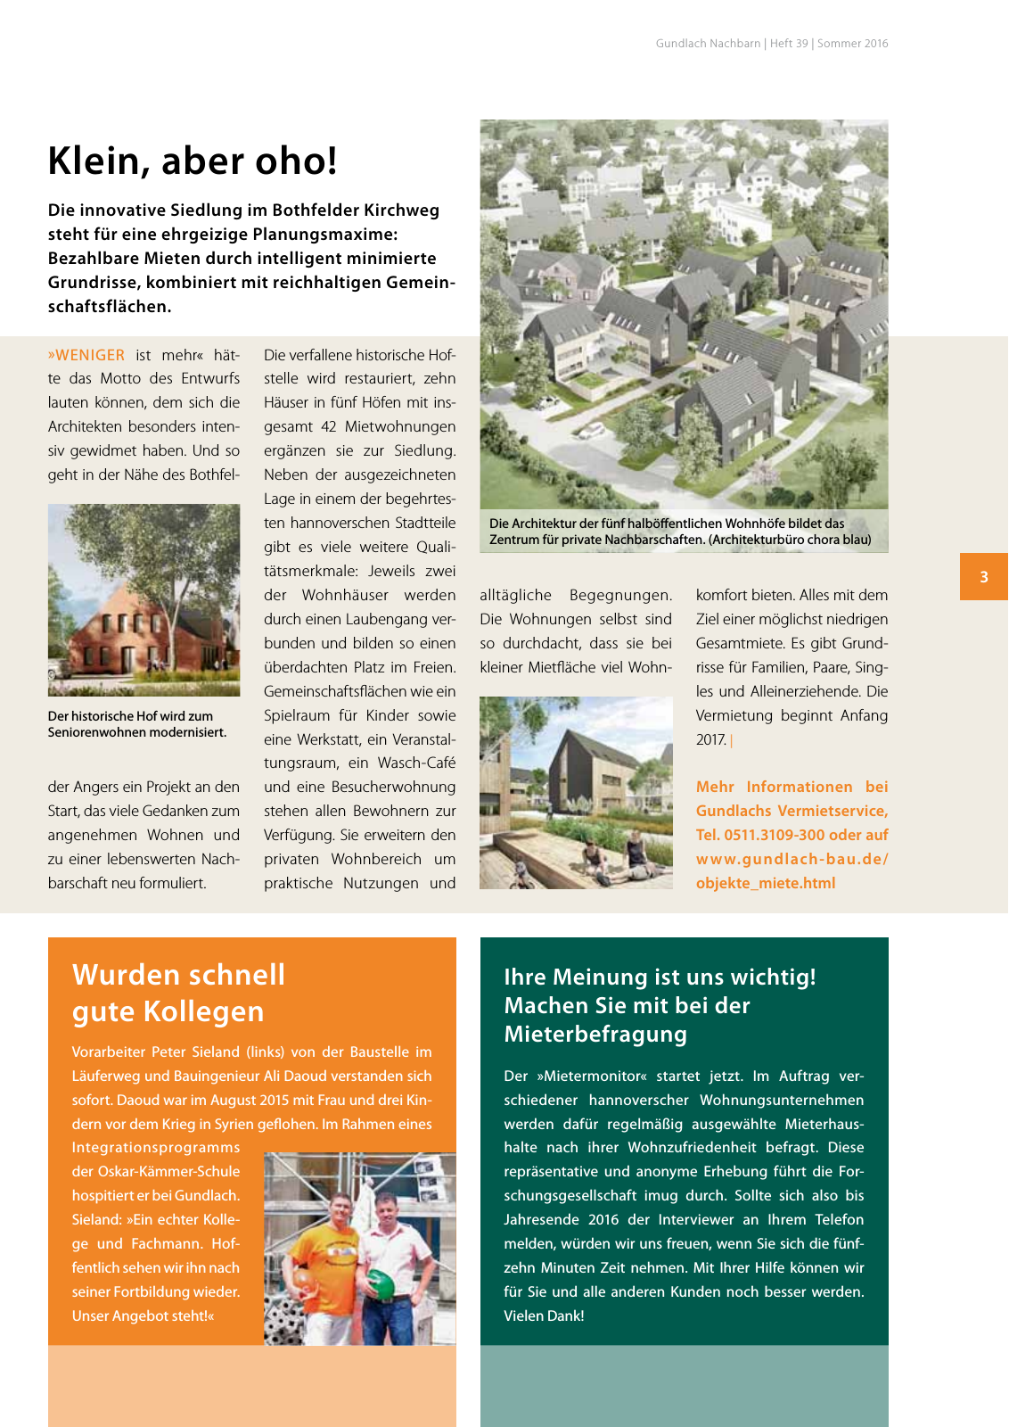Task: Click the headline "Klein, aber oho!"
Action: pyautogui.click(x=193, y=161)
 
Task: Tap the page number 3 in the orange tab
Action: pyautogui.click(x=984, y=577)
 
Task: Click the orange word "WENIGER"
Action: pyautogui.click(x=89, y=355)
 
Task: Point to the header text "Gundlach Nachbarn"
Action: pyautogui.click(x=708, y=43)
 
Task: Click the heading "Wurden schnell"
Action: pyautogui.click(x=178, y=974)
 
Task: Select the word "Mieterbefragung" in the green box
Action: pyautogui.click(x=595, y=1034)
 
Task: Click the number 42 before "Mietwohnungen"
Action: pyautogui.click(x=328, y=426)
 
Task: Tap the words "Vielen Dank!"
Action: pyautogui.click(x=544, y=1316)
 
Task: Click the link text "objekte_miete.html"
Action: pyautogui.click(x=766, y=883)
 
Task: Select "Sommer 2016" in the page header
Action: pyautogui.click(x=852, y=43)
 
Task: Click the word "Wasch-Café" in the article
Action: pyautogui.click(x=416, y=763)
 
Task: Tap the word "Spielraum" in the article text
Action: pyautogui.click(x=298, y=715)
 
